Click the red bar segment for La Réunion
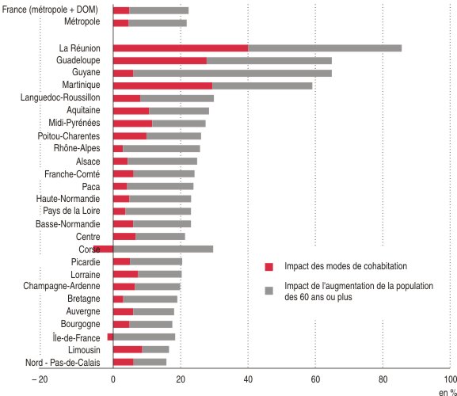[x=181, y=48]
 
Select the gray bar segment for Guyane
[x=232, y=73]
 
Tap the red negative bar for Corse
[x=103, y=249]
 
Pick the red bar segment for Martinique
[x=163, y=86]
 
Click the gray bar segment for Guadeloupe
[x=269, y=61]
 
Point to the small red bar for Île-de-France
[x=110, y=337]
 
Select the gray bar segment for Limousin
[x=155, y=349]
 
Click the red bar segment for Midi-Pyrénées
[x=132, y=124]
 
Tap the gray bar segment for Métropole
[x=158, y=23]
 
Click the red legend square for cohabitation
[x=269, y=267]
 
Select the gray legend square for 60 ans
[x=269, y=291]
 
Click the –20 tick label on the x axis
[x=40, y=379]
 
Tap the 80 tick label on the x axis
[x=383, y=379]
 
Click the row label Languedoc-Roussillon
[x=60, y=97]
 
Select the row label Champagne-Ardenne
[x=62, y=286]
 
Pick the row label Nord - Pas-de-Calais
[x=63, y=363]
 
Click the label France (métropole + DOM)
[x=50, y=10]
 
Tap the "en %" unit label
[x=447, y=393]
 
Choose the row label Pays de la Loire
[x=71, y=211]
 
